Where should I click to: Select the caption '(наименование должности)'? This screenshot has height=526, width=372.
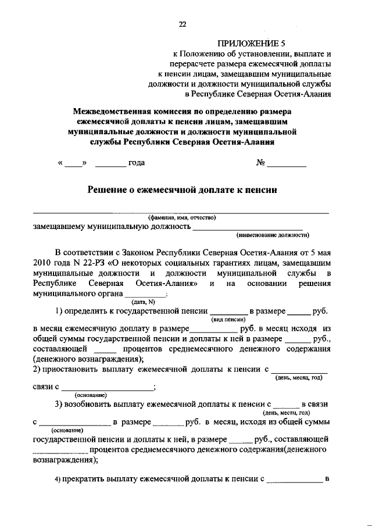pos(273,235)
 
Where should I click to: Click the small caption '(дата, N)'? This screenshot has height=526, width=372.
pos(142,302)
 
